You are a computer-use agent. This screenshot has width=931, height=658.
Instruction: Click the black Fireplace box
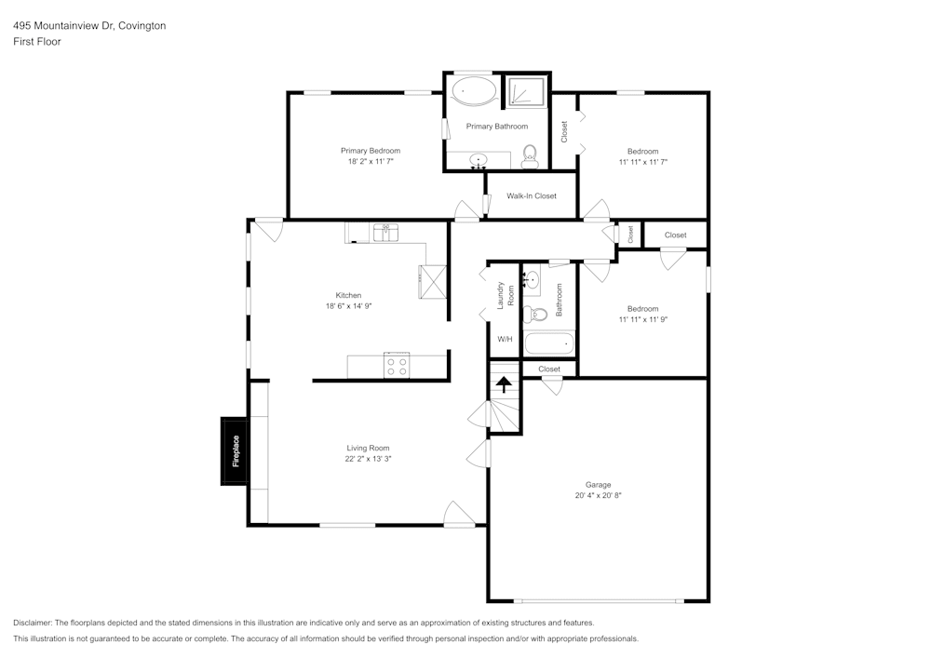(x=235, y=451)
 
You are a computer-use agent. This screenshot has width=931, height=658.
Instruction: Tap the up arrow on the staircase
(x=505, y=383)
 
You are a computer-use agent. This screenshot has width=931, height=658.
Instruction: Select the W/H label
(x=505, y=340)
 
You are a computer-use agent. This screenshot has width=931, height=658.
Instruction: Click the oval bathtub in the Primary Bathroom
(x=475, y=92)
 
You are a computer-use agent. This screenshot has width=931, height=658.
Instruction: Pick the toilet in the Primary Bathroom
(x=530, y=155)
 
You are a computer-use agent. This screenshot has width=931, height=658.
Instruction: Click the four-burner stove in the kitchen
(x=398, y=366)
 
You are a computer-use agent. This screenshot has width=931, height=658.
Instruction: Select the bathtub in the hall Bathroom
(x=549, y=343)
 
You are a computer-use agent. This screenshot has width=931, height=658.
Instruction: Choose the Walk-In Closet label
(x=532, y=196)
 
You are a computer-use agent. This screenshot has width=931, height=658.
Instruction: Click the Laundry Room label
(x=505, y=295)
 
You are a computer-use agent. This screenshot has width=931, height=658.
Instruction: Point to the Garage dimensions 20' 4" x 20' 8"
(x=598, y=496)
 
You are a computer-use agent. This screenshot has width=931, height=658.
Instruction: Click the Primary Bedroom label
(x=371, y=151)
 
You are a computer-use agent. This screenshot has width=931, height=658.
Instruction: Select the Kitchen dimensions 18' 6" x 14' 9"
(x=348, y=306)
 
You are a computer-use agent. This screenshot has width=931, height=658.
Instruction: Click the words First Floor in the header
(x=37, y=42)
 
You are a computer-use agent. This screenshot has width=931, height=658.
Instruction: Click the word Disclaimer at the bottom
(x=33, y=623)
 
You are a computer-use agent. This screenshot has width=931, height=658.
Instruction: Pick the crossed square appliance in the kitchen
(x=433, y=279)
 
